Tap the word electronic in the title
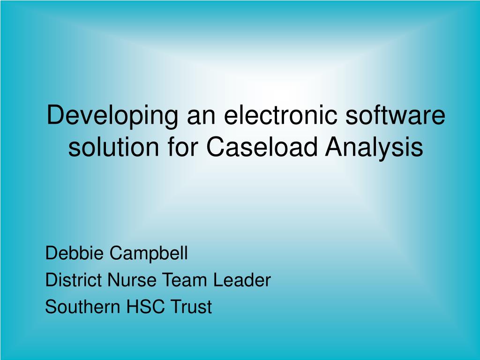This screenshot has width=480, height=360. (x=280, y=115)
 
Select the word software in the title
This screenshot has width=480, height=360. (x=395, y=115)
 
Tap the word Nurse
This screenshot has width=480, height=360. (x=133, y=280)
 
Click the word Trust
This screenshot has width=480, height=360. (x=191, y=307)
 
